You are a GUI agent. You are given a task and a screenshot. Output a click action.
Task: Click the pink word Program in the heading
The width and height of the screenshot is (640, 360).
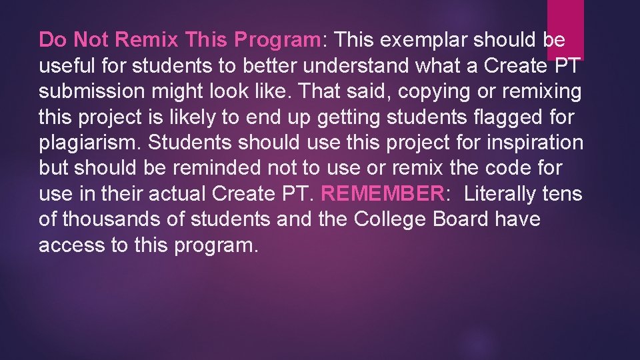277,40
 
